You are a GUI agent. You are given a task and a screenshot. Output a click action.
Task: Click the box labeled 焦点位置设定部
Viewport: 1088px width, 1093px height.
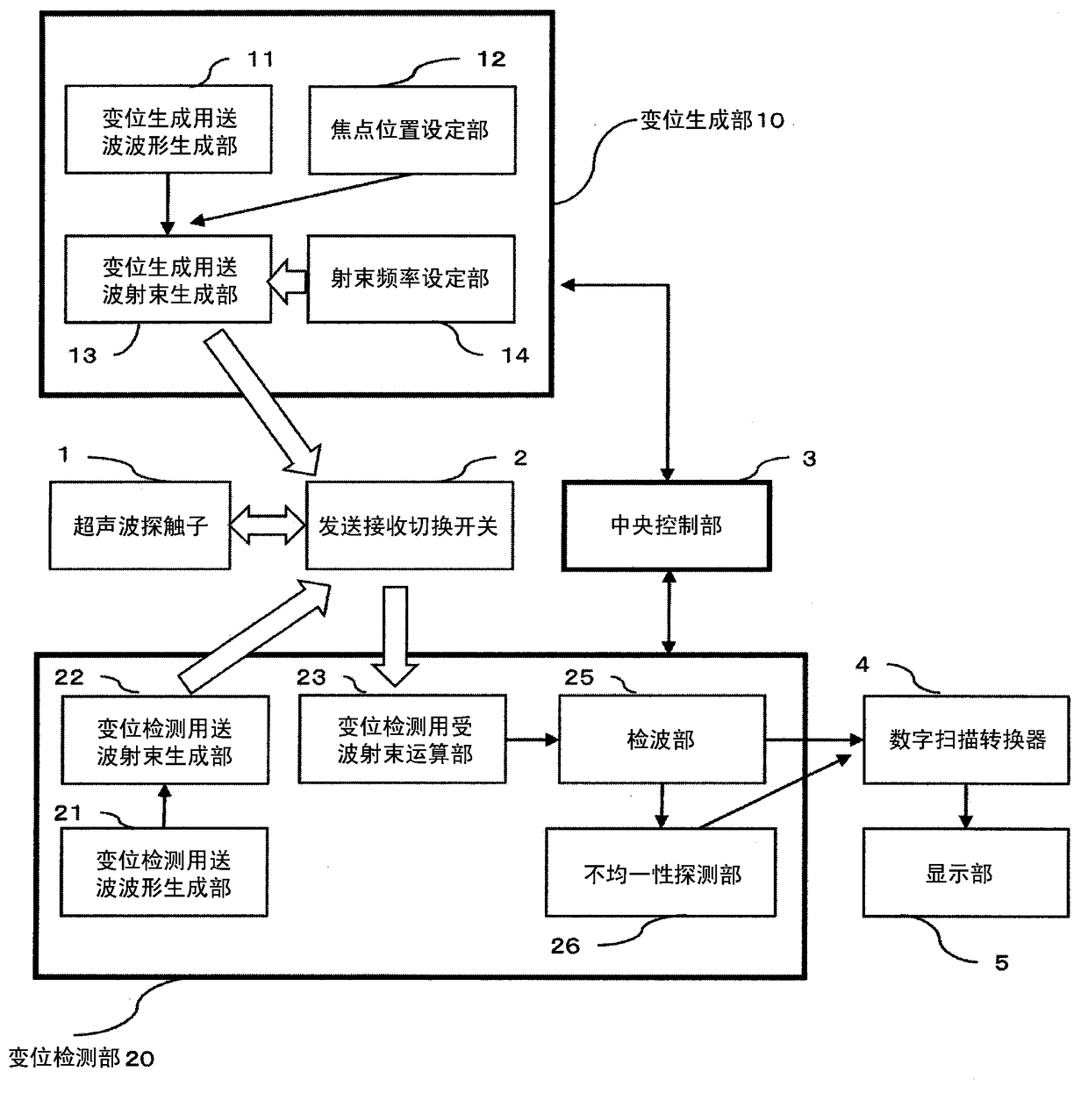coord(412,130)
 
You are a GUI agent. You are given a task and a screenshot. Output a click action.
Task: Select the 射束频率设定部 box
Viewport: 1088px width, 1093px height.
coord(411,279)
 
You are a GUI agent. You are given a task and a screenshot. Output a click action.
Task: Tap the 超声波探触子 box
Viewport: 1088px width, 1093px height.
coord(140,525)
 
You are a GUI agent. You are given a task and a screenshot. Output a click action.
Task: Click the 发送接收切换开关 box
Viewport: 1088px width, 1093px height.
coord(409,525)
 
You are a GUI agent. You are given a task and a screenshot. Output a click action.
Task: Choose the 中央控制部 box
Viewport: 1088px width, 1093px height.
coord(666,525)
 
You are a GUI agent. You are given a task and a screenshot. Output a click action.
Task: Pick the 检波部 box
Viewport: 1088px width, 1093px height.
coord(662,739)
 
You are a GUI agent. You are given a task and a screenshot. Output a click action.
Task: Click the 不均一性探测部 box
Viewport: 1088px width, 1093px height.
coord(661,873)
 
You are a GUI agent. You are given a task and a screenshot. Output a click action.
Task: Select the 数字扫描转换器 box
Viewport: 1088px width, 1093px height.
coord(966,740)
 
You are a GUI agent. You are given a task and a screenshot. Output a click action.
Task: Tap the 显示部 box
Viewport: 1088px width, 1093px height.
coord(966,873)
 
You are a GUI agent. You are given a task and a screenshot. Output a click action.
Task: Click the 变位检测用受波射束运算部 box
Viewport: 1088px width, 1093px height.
coord(403,739)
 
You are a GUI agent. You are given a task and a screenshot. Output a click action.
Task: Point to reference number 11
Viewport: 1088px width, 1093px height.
coord(261,59)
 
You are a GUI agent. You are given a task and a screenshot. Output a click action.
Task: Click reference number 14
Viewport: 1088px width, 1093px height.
coord(515,355)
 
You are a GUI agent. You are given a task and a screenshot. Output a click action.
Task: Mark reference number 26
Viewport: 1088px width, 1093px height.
coord(565,947)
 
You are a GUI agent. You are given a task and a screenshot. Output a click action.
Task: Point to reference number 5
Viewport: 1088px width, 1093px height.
coord(1002,963)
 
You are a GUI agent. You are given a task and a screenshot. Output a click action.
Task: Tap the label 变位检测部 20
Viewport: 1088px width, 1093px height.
coord(81,1059)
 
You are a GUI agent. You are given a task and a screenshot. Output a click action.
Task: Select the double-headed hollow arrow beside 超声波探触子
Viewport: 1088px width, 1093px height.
coord(268,525)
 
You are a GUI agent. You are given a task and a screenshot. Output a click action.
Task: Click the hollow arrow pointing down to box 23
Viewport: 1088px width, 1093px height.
coord(396,636)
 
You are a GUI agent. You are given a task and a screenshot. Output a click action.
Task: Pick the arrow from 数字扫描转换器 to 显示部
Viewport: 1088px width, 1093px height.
coord(966,806)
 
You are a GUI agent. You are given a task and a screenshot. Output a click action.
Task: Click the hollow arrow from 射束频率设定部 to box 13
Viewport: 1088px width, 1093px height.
coord(289,281)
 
